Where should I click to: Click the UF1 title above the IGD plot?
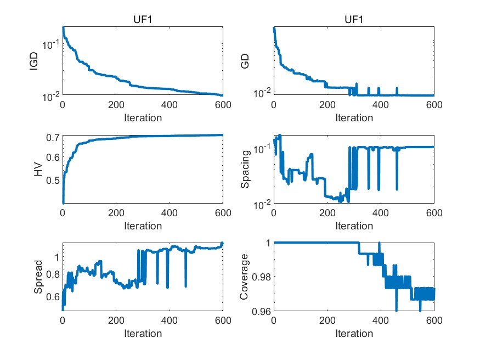pyautogui.click(x=143, y=20)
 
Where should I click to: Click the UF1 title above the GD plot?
pyautogui.click(x=354, y=20)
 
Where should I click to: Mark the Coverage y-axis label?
pyautogui.click(x=245, y=277)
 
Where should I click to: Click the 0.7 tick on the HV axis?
pyautogui.click(x=53, y=137)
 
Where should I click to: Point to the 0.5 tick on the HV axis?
pyautogui.click(x=53, y=181)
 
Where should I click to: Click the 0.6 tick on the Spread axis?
pyautogui.click(x=53, y=297)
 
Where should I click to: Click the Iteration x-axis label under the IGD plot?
pyautogui.click(x=143, y=118)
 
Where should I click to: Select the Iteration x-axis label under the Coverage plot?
pyautogui.click(x=354, y=334)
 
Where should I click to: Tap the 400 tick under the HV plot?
pyautogui.click(x=170, y=213)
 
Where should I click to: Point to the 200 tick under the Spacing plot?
pyautogui.click(x=327, y=213)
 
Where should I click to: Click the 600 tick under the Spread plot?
pyautogui.click(x=223, y=322)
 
